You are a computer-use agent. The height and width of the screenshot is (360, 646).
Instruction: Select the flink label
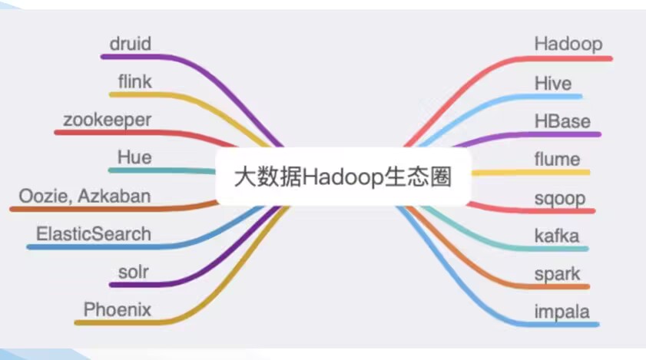[135, 81]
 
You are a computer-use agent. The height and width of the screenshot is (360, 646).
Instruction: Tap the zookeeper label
[108, 120]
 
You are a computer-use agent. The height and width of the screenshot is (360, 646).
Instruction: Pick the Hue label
[134, 157]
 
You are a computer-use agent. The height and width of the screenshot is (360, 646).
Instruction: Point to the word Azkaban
[119, 196]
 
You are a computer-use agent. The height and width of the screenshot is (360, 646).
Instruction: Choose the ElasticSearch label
[94, 234]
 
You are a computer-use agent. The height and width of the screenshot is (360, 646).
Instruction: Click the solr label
[135, 272]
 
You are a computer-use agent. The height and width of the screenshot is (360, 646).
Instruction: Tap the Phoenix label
[118, 310]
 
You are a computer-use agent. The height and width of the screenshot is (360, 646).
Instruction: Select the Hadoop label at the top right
[568, 44]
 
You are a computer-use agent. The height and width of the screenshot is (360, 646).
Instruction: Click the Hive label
[553, 82]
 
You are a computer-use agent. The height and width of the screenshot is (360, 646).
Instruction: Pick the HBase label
[562, 121]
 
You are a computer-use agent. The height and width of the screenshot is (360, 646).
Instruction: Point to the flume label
[558, 159]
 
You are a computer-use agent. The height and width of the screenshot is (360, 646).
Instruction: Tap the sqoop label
[560, 197]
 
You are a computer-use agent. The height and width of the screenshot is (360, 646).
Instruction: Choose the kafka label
[557, 236]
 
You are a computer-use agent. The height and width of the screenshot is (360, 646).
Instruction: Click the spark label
[557, 274]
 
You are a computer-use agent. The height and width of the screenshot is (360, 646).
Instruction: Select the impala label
[562, 312]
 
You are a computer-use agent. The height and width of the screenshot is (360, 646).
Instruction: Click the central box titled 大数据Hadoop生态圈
[342, 177]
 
